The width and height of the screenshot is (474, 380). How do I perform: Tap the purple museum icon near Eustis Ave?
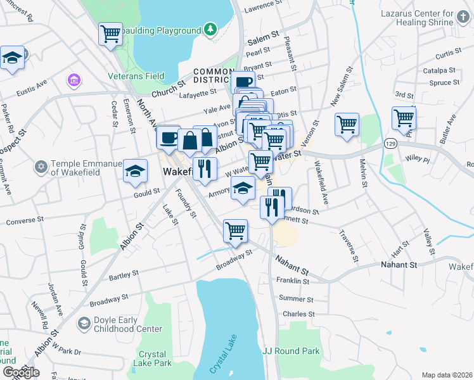coord(74,80)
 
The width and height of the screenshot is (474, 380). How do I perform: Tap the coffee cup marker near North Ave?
coord(169,137)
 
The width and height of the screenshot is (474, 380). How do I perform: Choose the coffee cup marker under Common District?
coord(243,82)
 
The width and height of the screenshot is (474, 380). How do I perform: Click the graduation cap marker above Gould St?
coord(135,172)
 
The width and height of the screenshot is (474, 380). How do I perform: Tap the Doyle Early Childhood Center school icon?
coord(83,324)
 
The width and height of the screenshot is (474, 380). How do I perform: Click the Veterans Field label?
coord(137,76)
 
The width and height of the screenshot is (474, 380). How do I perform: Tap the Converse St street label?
coord(25,222)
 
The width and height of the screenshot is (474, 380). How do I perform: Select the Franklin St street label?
coord(292,281)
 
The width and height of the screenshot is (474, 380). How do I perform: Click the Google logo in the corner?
coord(21,372)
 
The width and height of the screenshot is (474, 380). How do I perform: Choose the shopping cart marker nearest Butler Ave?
coord(404,118)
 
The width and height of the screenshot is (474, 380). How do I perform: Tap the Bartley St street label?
coord(124,275)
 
